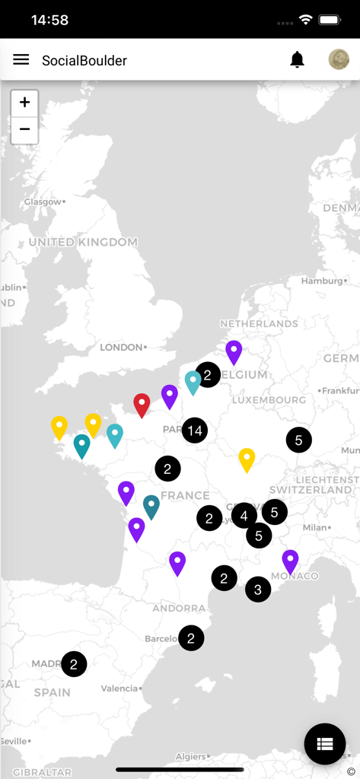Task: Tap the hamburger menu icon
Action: coord(21,59)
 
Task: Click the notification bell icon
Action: coord(297,60)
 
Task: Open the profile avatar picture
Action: coord(339,59)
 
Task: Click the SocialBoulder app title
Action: coord(84,60)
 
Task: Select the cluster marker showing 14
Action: coord(195,431)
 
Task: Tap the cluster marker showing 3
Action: coord(258,589)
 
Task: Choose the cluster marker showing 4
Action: coord(244,516)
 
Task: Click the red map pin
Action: coord(142,404)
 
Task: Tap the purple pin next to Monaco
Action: coord(290,561)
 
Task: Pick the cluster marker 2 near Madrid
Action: coord(74,664)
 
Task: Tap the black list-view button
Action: coord(325,743)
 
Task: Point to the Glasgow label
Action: coord(43,202)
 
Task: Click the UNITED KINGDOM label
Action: coord(83,242)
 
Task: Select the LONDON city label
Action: coord(122,347)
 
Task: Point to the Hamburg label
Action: coord(321,281)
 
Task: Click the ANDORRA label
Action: coord(179,608)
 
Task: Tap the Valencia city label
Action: coord(119,688)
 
